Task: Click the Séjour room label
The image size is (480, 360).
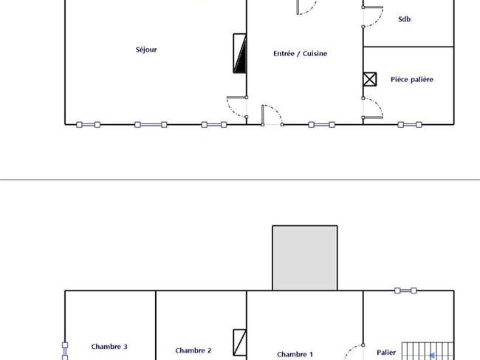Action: click(146, 50)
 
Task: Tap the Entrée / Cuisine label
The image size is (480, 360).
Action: click(300, 54)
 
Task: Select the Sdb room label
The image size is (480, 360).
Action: click(404, 19)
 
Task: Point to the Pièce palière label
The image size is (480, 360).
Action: click(412, 80)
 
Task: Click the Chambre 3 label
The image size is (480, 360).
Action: click(109, 347)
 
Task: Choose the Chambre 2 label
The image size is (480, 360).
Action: click(193, 350)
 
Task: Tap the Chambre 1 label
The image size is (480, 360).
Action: click(295, 355)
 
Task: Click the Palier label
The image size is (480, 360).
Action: click(386, 353)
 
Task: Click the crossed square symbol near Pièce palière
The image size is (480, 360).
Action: click(370, 79)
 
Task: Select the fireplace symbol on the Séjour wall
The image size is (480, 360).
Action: click(240, 53)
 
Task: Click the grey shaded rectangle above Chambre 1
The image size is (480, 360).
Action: click(305, 258)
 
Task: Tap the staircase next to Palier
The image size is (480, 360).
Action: click(428, 351)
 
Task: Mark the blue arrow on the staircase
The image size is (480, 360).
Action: click(432, 356)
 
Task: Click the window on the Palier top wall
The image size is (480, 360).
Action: click(405, 291)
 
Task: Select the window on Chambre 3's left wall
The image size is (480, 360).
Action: click(65, 351)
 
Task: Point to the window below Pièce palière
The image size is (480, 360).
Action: click(410, 124)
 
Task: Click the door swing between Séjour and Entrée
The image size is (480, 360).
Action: click(237, 107)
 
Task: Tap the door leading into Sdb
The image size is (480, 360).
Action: click(372, 17)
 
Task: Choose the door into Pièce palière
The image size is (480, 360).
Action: click(372, 108)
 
